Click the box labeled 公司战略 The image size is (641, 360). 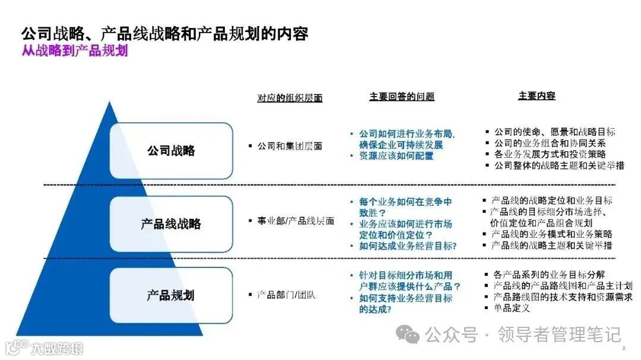[x=171, y=151]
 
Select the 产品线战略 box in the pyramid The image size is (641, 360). [x=171, y=224]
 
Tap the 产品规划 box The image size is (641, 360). [x=171, y=295]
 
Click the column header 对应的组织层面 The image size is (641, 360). [x=290, y=98]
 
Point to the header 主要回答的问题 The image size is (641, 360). [x=402, y=96]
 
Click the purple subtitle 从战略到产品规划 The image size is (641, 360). [x=75, y=51]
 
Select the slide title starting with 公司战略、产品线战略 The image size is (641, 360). [x=164, y=33]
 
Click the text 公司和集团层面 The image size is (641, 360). [x=290, y=145]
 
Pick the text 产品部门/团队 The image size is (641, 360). [x=286, y=295]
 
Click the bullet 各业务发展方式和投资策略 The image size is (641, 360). [x=550, y=154]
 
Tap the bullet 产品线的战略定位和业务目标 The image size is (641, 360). [x=552, y=201]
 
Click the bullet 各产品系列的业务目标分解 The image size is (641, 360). [x=549, y=275]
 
